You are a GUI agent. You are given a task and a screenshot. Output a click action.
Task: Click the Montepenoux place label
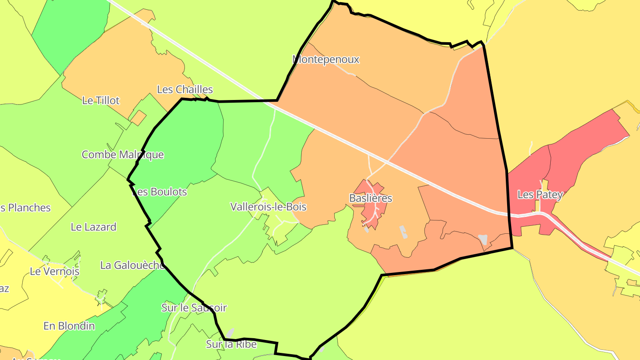[326, 59]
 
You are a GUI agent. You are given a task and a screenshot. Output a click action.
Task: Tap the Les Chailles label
[185, 89]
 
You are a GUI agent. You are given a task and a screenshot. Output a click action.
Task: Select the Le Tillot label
[101, 100]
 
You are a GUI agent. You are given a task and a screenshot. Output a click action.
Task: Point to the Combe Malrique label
[123, 155]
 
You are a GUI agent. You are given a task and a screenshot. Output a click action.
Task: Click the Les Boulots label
[160, 192]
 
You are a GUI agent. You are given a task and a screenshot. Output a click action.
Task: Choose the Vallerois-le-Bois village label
[268, 207]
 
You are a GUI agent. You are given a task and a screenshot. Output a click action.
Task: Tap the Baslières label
[371, 198]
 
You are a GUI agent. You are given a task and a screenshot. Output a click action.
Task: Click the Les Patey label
[540, 194]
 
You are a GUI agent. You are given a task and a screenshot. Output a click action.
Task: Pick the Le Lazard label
[93, 227]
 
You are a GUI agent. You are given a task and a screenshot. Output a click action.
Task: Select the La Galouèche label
[132, 265]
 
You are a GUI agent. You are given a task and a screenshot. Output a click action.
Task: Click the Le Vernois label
[55, 271]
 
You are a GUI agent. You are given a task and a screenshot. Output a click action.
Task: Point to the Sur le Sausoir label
[194, 308]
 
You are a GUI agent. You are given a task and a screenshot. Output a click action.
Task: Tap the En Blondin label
[69, 326]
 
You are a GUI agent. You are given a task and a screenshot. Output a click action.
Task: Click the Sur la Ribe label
[231, 344]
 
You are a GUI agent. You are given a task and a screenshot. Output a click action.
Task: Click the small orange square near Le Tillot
[138, 118]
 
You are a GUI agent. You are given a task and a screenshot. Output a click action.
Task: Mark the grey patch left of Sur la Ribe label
[230, 333]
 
